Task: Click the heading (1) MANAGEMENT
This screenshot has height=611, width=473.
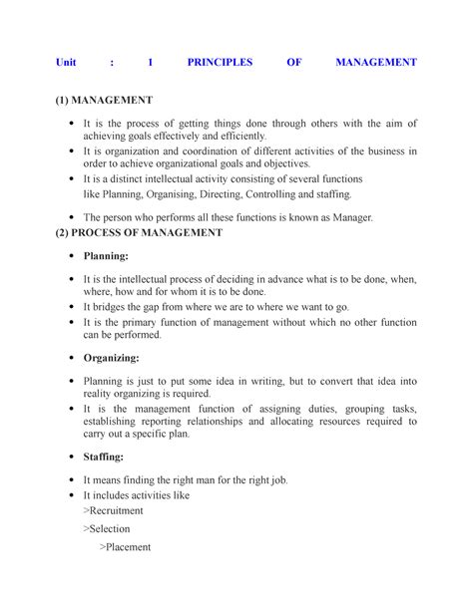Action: tap(104, 101)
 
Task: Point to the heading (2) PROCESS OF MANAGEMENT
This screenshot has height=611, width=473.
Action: tap(139, 233)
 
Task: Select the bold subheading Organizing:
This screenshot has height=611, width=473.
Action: tap(111, 357)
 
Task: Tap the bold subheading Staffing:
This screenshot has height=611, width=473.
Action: tap(104, 456)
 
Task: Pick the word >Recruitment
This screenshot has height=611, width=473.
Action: tap(117, 510)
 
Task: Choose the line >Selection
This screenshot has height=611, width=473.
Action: tap(110, 528)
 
